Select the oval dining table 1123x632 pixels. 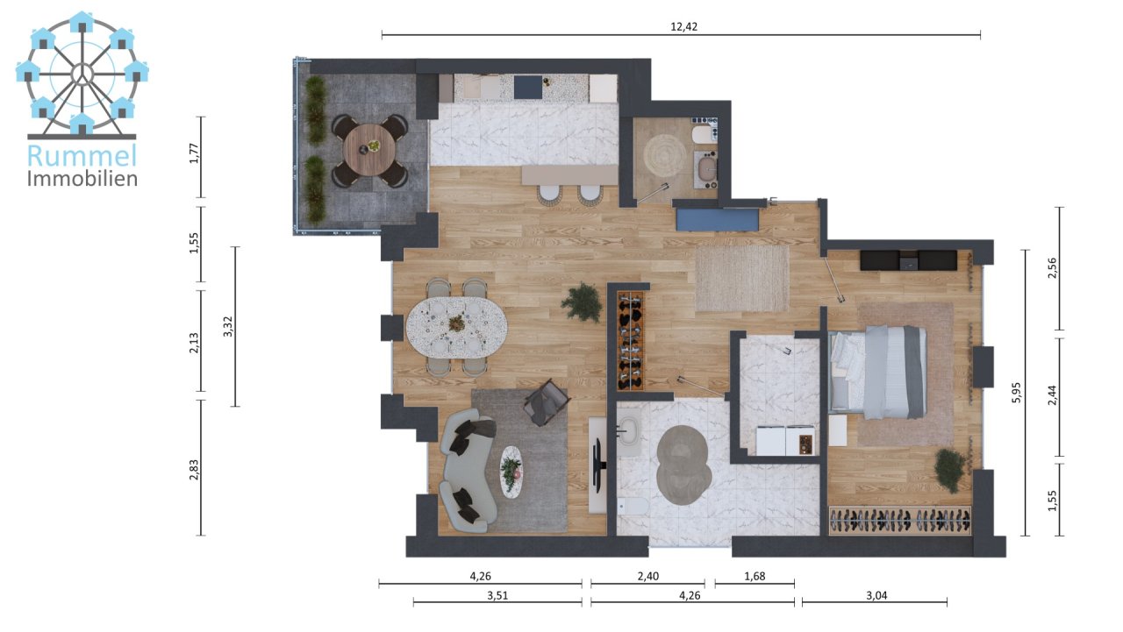(x=456, y=325)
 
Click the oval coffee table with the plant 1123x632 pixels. (x=511, y=472)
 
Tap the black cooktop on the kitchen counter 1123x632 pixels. (x=528, y=87)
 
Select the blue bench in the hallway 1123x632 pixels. (x=717, y=219)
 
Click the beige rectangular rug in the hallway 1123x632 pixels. (x=742, y=278)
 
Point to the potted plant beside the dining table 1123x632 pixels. (x=582, y=302)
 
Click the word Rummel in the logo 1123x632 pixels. (x=82, y=156)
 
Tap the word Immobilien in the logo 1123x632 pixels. (x=82, y=179)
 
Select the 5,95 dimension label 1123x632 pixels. (x=1017, y=393)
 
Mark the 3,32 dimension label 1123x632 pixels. (x=228, y=327)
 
